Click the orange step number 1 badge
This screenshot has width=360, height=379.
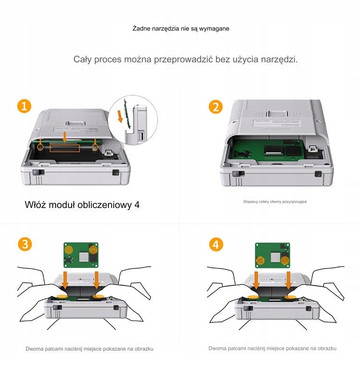24,106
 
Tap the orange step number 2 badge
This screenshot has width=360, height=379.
216,107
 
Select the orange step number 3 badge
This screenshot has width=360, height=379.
25,244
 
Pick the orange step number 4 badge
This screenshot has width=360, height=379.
216,245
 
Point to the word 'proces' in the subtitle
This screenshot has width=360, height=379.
108,60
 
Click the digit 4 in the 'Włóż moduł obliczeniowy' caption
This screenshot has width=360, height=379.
137,205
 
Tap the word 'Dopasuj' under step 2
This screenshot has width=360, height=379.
250,202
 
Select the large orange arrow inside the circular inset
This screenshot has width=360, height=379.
120,116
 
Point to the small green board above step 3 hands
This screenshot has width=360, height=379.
81,255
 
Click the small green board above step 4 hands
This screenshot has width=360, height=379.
273,255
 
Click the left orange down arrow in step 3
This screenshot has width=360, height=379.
65,280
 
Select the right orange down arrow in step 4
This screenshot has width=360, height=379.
288,280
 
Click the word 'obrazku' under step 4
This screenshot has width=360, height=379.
327,349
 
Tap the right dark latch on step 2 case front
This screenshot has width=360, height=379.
318,174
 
